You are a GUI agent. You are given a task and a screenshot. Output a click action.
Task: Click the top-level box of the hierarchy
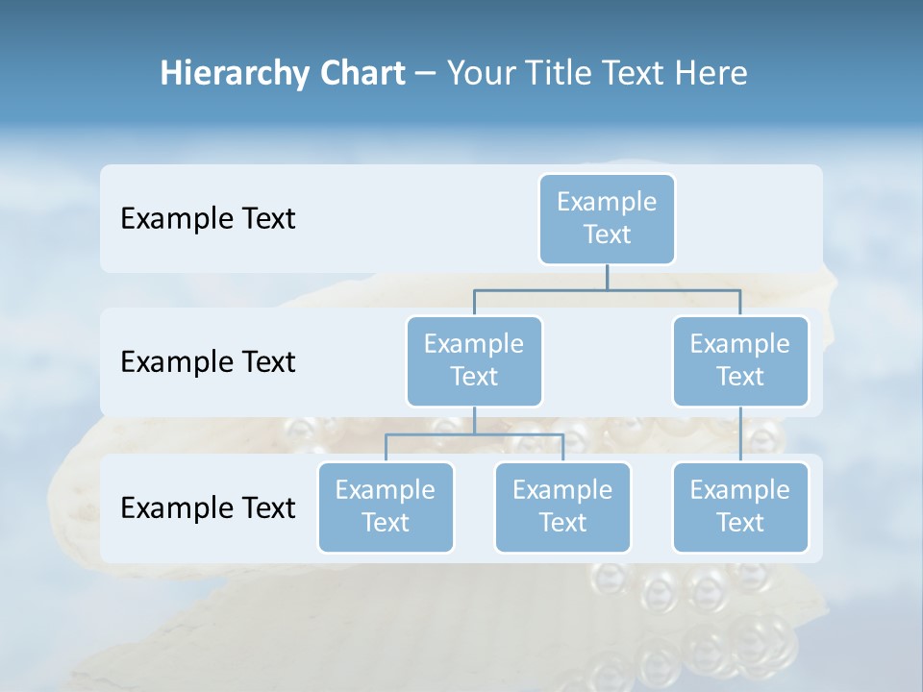tap(607, 218)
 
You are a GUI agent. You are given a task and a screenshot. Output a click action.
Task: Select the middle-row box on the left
tap(474, 360)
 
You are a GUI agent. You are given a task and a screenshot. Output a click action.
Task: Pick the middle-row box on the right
tap(740, 360)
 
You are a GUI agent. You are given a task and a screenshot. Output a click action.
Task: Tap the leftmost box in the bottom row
tap(386, 507)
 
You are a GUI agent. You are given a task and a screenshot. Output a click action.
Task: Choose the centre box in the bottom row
tap(562, 507)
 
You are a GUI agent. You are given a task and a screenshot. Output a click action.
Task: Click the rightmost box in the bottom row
tap(740, 507)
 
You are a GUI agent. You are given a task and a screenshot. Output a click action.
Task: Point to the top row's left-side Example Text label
tap(208, 219)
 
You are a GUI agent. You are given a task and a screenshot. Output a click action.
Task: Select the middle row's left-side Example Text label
tap(208, 362)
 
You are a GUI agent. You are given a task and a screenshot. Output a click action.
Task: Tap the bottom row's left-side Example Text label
tap(208, 507)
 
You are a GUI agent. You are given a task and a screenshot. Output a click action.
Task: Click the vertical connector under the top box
tap(607, 277)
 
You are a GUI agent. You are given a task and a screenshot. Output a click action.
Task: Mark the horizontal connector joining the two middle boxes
tap(607, 288)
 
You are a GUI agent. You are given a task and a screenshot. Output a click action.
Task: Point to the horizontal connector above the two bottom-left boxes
tap(474, 434)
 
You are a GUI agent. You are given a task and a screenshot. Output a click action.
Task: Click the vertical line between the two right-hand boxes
tap(740, 434)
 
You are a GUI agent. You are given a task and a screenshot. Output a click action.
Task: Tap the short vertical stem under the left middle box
tap(474, 420)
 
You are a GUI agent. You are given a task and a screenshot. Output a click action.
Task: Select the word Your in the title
tap(479, 73)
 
